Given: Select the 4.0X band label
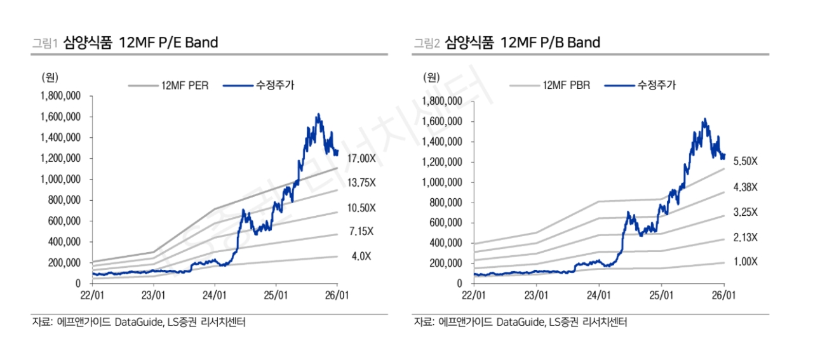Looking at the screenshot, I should (x=362, y=257).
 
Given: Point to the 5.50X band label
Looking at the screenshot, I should (x=745, y=161).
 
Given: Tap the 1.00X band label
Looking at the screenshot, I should (x=745, y=262).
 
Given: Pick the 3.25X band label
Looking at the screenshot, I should (x=745, y=212).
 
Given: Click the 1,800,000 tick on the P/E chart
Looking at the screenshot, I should (x=61, y=96).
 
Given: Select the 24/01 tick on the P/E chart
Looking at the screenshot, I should (x=214, y=296).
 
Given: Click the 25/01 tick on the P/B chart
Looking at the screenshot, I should (x=661, y=296).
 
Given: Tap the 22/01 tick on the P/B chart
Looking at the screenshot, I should (x=473, y=296).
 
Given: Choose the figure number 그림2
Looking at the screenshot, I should (x=426, y=43).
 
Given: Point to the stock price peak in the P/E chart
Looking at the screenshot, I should (x=318, y=115).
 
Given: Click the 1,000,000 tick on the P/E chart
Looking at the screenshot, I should (x=61, y=179).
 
